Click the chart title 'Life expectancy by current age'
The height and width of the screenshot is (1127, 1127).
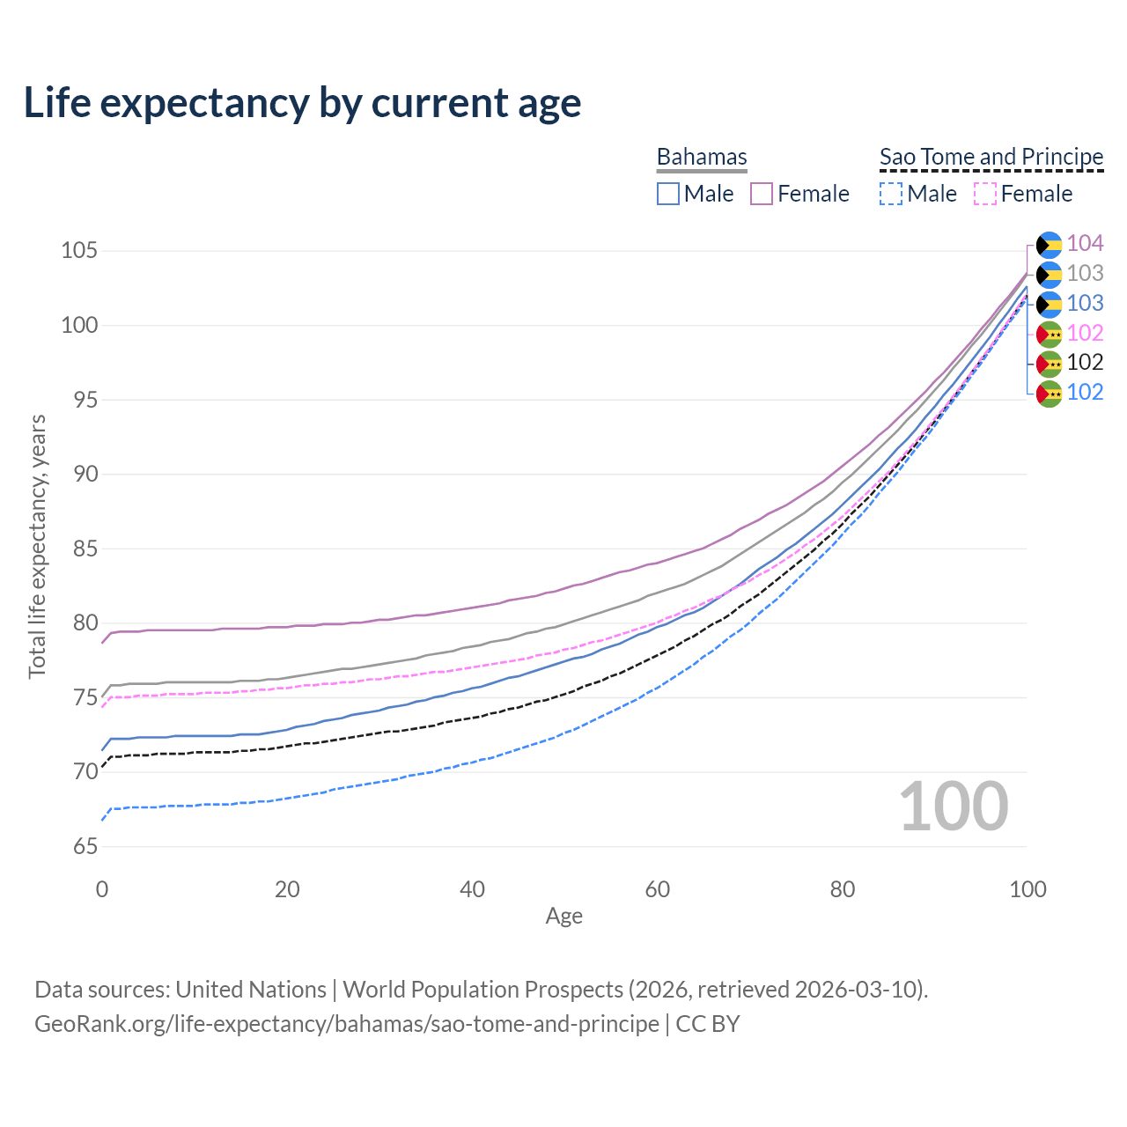pyautogui.click(x=302, y=103)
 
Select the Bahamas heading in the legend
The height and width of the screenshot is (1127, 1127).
pyautogui.click(x=702, y=157)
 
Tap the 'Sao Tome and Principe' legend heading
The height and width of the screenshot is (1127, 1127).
pyautogui.click(x=991, y=157)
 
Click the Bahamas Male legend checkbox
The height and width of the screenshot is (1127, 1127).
pyautogui.click(x=668, y=194)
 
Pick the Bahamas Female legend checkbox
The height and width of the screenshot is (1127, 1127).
pyautogui.click(x=762, y=194)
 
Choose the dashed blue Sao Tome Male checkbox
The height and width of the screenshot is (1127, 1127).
pyautogui.click(x=891, y=194)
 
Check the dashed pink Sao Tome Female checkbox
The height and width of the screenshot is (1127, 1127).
pyautogui.click(x=985, y=194)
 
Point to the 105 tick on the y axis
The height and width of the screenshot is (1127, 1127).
pyautogui.click(x=78, y=251)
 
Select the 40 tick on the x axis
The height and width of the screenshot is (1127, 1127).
pyautogui.click(x=473, y=889)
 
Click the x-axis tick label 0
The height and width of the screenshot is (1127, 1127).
pyautogui.click(x=102, y=889)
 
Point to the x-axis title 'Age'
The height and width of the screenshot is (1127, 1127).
pyautogui.click(x=564, y=917)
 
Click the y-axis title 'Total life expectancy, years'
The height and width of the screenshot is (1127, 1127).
pyautogui.click(x=37, y=547)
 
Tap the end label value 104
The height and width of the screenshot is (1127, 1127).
pyautogui.click(x=1085, y=243)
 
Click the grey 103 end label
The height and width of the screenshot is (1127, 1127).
pyautogui.click(x=1085, y=273)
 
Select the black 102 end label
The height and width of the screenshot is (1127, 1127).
pyautogui.click(x=1085, y=362)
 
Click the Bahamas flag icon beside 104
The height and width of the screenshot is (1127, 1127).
pyautogui.click(x=1050, y=244)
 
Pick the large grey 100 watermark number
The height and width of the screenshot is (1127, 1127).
pyautogui.click(x=954, y=807)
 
